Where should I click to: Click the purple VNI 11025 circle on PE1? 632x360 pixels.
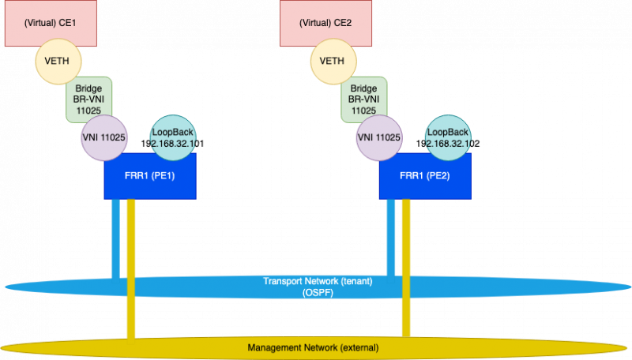[103, 137]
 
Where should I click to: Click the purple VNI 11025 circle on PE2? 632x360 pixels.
[378, 137]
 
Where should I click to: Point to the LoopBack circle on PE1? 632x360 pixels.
[172, 137]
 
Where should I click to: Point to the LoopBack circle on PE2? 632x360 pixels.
[447, 137]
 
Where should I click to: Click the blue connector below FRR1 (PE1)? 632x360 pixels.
[115, 237]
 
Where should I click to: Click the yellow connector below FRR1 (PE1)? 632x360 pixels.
[131, 237]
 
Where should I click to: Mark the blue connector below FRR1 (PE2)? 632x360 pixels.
[390, 237]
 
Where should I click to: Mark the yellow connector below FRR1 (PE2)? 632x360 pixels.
[406, 237]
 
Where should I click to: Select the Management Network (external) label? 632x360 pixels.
[313, 347]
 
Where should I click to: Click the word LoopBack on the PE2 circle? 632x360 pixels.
[448, 132]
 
